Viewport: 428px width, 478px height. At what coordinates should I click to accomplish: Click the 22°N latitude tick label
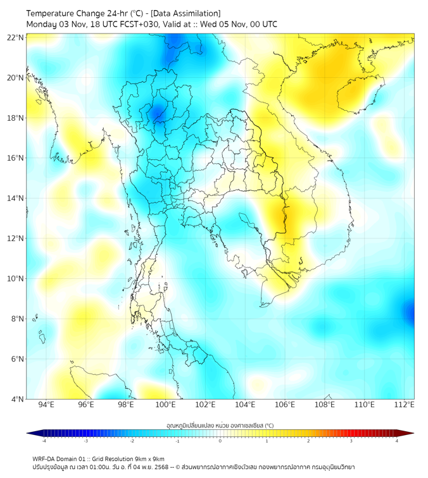click(x=15, y=38)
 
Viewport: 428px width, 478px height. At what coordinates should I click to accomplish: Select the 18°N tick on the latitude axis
click(x=15, y=118)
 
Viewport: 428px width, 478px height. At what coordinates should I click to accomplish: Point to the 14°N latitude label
click(x=15, y=199)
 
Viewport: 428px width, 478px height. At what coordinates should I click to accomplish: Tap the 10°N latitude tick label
click(x=15, y=279)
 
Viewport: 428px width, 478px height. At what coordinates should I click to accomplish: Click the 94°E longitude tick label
click(x=46, y=405)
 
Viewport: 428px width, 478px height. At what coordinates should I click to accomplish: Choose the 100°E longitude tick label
click(x=165, y=405)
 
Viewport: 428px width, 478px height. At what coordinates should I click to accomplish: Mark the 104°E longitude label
click(x=245, y=405)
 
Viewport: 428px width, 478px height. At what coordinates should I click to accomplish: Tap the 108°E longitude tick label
click(x=325, y=405)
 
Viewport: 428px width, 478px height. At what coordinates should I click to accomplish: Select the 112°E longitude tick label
click(x=404, y=405)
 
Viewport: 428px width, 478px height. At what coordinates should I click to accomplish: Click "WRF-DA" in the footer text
click(x=46, y=459)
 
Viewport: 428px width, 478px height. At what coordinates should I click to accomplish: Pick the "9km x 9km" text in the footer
click(x=149, y=459)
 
